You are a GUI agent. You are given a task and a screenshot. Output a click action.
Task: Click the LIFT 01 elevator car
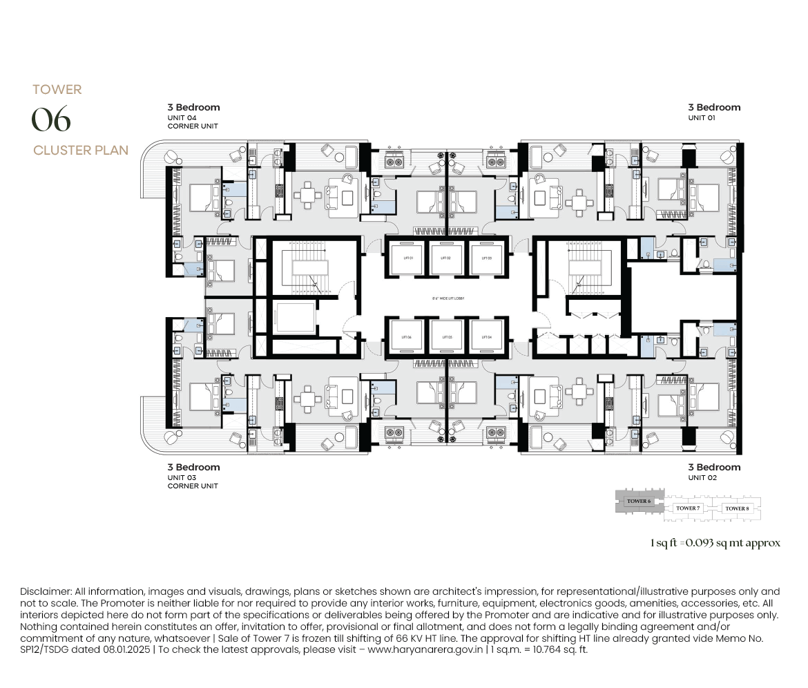pos(407,258)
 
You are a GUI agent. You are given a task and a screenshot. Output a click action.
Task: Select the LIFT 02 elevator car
pos(445,258)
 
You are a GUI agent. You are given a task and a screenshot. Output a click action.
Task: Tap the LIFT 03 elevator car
pos(485,258)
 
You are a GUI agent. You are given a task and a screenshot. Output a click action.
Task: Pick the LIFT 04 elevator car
pos(485,337)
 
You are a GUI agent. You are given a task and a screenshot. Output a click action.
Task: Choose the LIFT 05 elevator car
pos(445,337)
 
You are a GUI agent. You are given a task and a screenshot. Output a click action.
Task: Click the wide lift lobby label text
pos(445,298)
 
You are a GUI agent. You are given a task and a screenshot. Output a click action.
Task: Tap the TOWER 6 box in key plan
pos(637,501)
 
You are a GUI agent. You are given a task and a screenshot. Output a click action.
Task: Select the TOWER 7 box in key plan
pos(687,508)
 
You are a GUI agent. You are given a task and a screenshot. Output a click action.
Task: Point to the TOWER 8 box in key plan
pos(736,508)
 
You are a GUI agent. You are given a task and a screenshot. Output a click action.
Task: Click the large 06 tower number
pos(51,120)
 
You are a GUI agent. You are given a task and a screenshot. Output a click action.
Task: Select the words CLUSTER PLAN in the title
pos(80,151)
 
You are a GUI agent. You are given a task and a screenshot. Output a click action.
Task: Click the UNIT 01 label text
pos(702,118)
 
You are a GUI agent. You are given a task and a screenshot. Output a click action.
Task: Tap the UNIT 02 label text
pos(702,478)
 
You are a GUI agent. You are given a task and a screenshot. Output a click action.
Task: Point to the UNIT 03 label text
pos(182,478)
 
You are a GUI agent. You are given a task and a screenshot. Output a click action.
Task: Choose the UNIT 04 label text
pos(182,118)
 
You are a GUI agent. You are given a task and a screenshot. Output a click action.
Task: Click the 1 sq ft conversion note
pos(715,543)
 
